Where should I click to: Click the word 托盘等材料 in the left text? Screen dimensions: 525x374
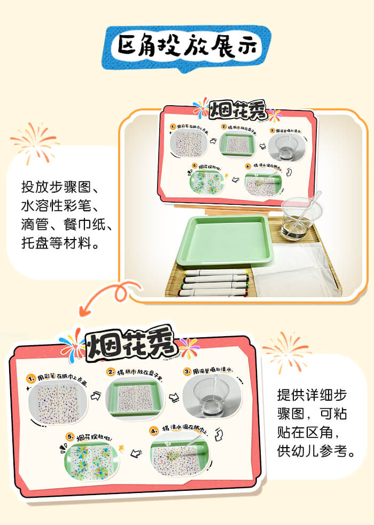(x=60, y=244)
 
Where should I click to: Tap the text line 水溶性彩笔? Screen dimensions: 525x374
(x=60, y=206)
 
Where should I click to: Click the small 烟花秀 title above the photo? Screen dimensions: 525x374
(x=236, y=109)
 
